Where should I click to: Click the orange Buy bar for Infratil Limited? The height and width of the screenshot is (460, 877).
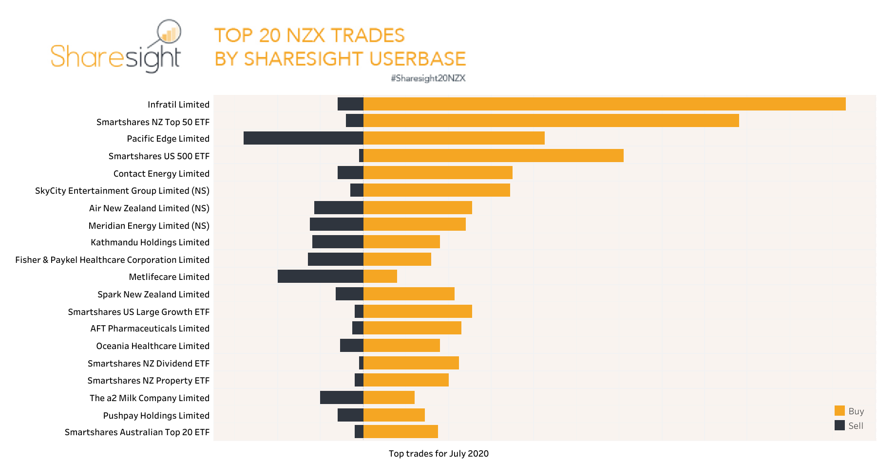pyautogui.click(x=604, y=104)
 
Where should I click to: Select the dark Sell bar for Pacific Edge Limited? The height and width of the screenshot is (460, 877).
pyautogui.click(x=303, y=138)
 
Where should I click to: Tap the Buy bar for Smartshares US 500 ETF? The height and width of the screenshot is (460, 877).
pyautogui.click(x=493, y=155)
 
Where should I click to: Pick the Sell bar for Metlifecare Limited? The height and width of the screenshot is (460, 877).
pyautogui.click(x=320, y=276)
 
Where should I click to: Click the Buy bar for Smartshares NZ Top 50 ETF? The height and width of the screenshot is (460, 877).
pyautogui.click(x=551, y=120)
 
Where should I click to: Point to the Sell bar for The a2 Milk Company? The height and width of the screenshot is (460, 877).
pyautogui.click(x=341, y=397)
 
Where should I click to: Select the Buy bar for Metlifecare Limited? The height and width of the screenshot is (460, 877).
pyautogui.click(x=380, y=276)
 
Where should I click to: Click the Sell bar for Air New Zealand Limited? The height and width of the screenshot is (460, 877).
pyautogui.click(x=339, y=207)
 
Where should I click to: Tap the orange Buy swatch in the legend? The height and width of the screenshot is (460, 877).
pyautogui.click(x=839, y=410)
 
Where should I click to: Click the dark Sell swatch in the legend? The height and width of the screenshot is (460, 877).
pyautogui.click(x=839, y=425)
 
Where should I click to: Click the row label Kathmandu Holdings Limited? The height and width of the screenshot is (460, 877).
pyautogui.click(x=150, y=242)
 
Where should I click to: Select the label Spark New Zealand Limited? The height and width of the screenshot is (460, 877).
pyautogui.click(x=153, y=294)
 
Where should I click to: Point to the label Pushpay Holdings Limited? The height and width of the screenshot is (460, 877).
pyautogui.click(x=156, y=416)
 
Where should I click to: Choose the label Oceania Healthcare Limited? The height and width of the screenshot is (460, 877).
pyautogui.click(x=153, y=346)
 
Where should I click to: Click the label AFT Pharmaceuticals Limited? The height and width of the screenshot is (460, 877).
pyautogui.click(x=150, y=329)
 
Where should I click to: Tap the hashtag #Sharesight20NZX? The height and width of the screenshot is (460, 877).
pyautogui.click(x=428, y=78)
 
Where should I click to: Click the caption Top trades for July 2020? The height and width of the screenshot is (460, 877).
pyautogui.click(x=438, y=454)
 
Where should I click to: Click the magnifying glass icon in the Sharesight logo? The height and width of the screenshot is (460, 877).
pyautogui.click(x=169, y=32)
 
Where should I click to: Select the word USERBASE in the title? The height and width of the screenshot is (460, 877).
pyautogui.click(x=418, y=59)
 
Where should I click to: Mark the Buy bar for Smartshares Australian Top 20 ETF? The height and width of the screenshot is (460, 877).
pyautogui.click(x=400, y=431)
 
